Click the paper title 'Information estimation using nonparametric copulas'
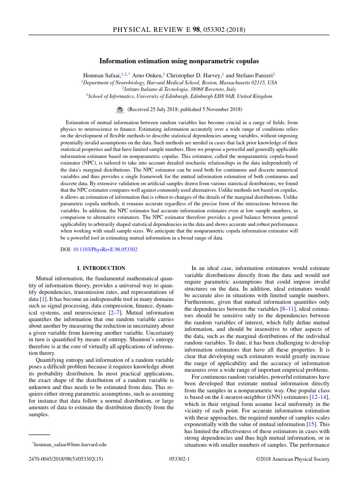point(179,61)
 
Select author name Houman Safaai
point(102,75)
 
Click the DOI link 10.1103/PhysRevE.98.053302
point(105,250)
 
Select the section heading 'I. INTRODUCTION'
point(101,268)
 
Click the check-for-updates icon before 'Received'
point(119,110)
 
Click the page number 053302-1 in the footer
point(179,459)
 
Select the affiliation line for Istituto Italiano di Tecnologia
point(179,89)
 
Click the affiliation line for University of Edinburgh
point(179,96)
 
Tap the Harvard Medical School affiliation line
point(179,82)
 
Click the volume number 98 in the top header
point(197,30)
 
